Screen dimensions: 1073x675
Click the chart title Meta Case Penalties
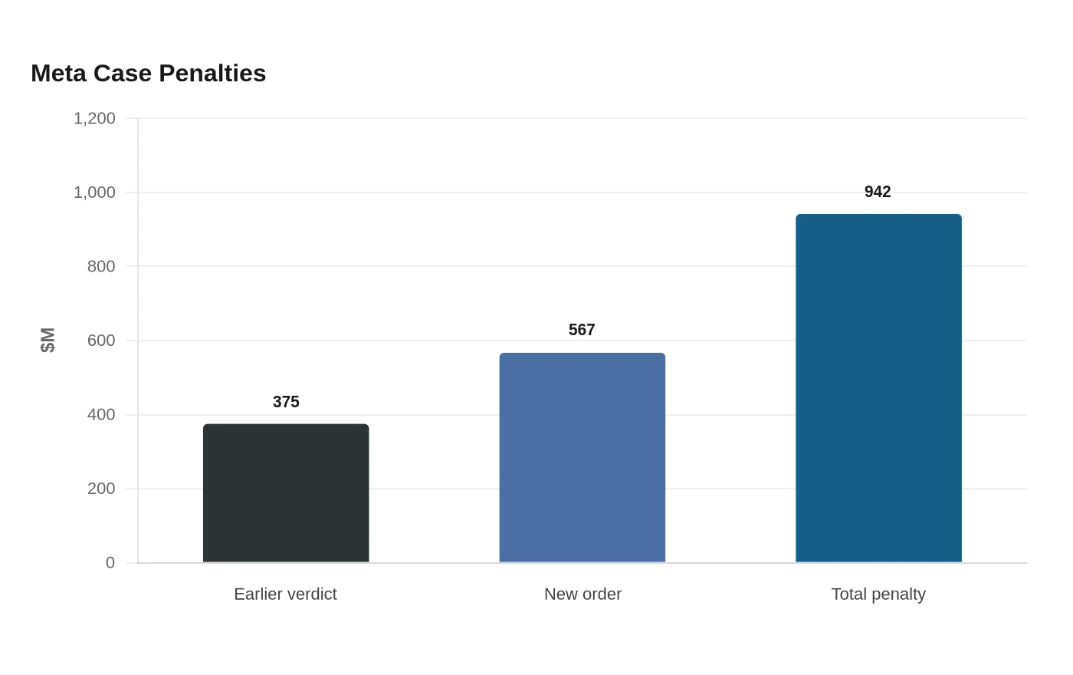tap(149, 74)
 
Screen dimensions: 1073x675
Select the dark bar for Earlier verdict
tap(286, 492)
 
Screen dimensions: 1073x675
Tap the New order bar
tap(582, 457)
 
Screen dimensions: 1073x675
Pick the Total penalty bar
tap(878, 388)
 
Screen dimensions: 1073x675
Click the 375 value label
tap(286, 402)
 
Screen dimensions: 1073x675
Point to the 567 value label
tap(582, 330)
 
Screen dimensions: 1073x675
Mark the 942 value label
tap(878, 192)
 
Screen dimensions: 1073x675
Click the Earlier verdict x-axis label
tap(285, 594)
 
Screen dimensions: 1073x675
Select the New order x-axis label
tap(582, 594)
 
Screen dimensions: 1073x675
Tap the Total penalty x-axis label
tap(878, 594)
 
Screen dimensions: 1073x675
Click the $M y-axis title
tap(48, 341)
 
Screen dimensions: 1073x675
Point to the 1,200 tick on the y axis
tap(94, 118)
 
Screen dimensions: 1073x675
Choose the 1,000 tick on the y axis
tap(94, 193)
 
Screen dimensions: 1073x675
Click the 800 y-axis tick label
tap(101, 267)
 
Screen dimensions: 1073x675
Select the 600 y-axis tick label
tap(101, 341)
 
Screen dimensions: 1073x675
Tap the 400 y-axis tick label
tap(101, 415)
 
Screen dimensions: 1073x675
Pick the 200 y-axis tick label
tap(101, 489)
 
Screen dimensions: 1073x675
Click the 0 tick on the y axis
tap(110, 563)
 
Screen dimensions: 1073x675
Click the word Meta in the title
tap(58, 74)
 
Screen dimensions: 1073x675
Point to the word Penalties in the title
tap(212, 74)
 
